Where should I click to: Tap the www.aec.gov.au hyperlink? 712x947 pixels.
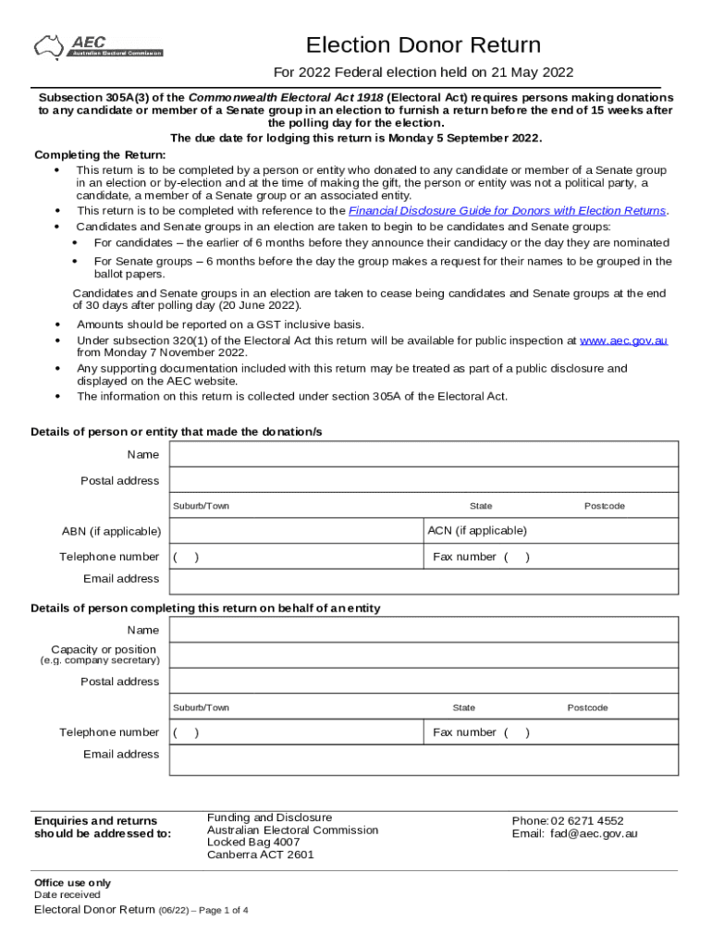[x=623, y=341]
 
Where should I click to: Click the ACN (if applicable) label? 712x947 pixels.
[x=477, y=531]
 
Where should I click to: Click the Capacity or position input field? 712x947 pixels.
[x=424, y=655]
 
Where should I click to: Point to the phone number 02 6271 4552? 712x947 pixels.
[x=587, y=821]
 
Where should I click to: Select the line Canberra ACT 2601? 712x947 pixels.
[x=261, y=855]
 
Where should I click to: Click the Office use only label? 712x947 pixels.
[x=72, y=883]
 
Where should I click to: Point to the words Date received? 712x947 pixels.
[x=68, y=895]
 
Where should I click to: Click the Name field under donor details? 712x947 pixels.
[x=424, y=454]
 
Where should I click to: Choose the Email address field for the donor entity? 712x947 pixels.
[x=424, y=580]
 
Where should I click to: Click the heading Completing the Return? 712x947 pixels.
[x=100, y=154]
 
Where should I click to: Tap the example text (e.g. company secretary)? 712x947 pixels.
[x=99, y=660]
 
